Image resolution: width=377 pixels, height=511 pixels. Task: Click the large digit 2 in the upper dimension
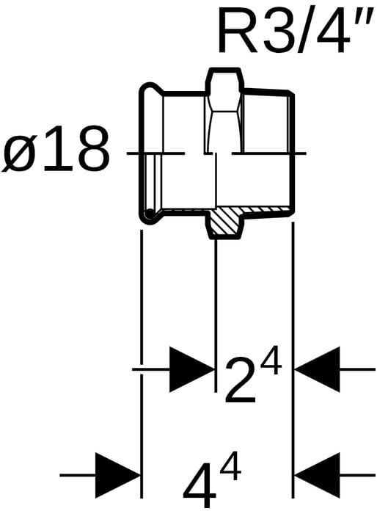pyautogui.click(x=240, y=380)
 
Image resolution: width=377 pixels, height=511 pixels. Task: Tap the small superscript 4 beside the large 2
pyautogui.click(x=269, y=361)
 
